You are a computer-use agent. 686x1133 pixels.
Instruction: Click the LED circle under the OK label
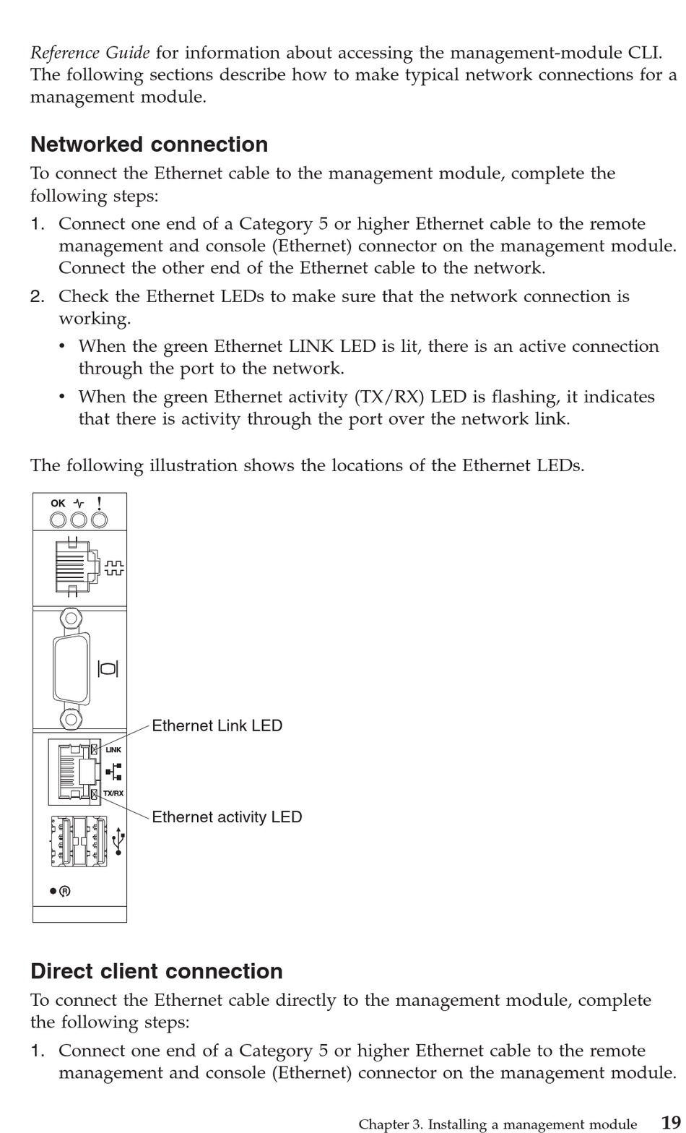(x=58, y=520)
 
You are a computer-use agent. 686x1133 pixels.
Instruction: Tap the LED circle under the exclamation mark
(x=99, y=520)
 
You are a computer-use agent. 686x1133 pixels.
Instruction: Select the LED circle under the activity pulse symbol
(x=78, y=520)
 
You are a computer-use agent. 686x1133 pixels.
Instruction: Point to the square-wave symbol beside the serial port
(x=114, y=567)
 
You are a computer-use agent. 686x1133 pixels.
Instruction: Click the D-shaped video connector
(x=71, y=668)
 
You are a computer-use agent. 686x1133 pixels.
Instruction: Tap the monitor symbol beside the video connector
(x=108, y=668)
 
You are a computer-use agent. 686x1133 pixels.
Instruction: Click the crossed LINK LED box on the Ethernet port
(x=95, y=749)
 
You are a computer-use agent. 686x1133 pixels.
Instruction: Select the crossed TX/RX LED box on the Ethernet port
(x=95, y=795)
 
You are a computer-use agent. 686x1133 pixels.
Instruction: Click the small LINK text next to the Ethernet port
(x=113, y=750)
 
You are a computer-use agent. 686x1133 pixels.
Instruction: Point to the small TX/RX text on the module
(x=113, y=793)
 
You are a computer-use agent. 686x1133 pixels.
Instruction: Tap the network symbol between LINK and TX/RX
(x=114, y=772)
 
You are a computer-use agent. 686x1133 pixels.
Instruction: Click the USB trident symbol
(x=119, y=843)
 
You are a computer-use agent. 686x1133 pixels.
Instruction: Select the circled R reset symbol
(x=65, y=891)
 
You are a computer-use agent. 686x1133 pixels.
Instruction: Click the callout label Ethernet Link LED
(x=217, y=725)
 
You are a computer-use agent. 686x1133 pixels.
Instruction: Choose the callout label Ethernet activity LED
(x=227, y=817)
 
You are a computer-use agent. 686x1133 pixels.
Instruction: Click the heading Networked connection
(x=149, y=145)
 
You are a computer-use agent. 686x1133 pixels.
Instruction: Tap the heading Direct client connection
(x=157, y=971)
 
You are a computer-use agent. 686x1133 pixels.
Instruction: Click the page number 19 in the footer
(x=670, y=1123)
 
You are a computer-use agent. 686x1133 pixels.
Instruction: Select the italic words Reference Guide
(x=90, y=53)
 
